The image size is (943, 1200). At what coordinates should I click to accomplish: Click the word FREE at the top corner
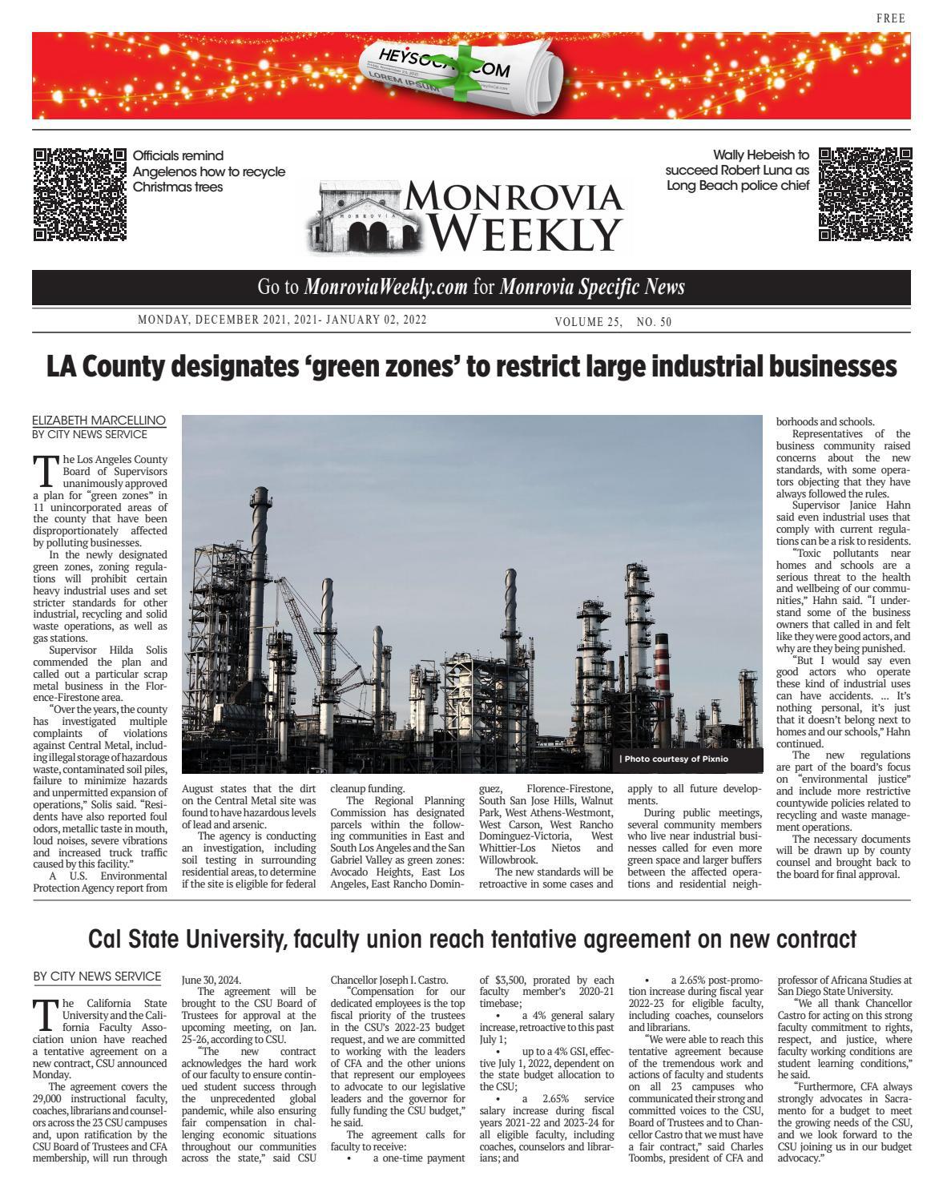[x=891, y=18]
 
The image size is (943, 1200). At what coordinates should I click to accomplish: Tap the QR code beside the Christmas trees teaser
[x=80, y=194]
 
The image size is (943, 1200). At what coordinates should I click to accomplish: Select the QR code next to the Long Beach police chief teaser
[x=864, y=194]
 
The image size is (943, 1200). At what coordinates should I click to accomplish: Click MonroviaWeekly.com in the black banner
[x=386, y=288]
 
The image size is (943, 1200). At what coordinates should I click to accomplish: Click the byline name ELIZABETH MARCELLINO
[x=99, y=420]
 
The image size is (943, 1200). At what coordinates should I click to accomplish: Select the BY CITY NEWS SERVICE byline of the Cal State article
[x=97, y=977]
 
